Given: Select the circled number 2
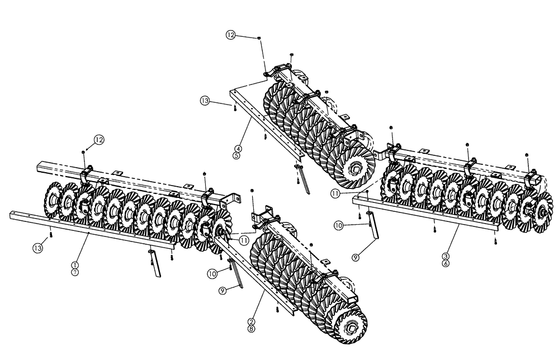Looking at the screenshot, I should tap(252, 321).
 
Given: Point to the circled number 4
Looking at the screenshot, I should tap(238, 149).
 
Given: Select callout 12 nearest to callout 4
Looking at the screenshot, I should tap(231, 35).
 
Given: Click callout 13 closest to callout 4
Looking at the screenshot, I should tap(205, 101).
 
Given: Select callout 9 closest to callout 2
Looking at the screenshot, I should tap(223, 291).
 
